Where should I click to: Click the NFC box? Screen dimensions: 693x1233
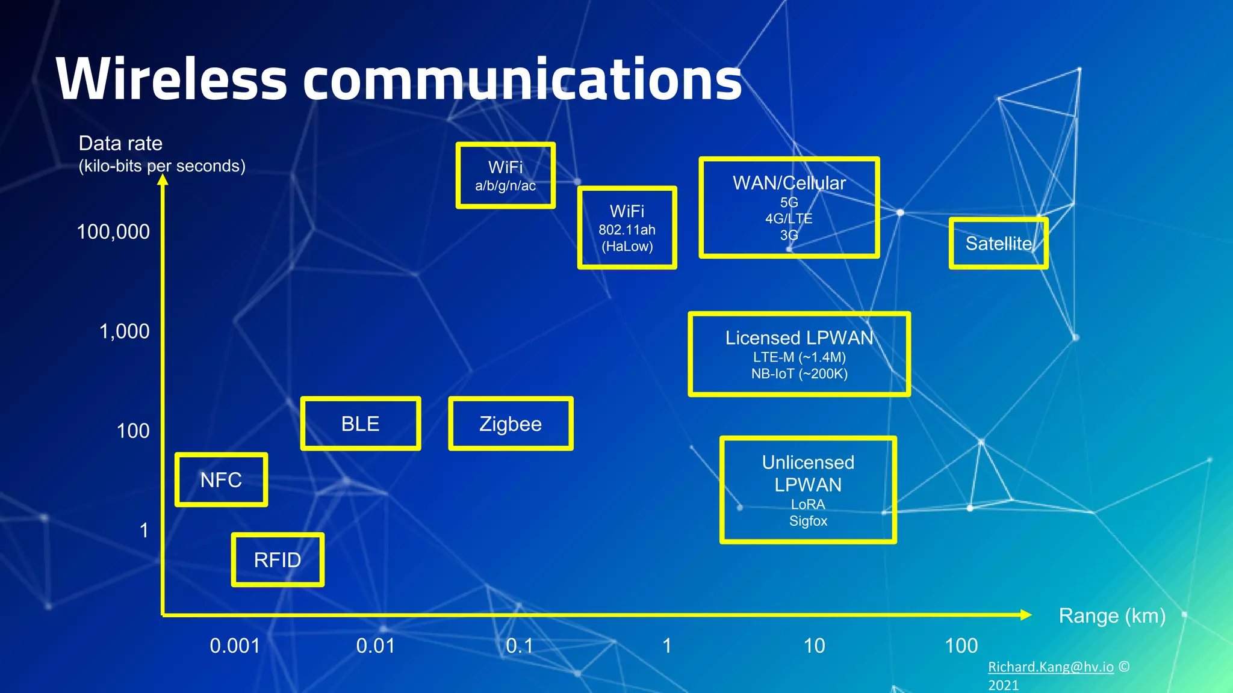coord(221,480)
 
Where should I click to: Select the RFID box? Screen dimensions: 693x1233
coord(278,560)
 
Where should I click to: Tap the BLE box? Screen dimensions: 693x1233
coord(360,424)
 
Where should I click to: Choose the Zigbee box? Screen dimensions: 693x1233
coord(511,424)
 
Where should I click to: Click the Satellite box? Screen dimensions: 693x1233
coord(998,244)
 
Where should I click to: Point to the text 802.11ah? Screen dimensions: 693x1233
coord(627,230)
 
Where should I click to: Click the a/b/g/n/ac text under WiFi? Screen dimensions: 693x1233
coord(505,186)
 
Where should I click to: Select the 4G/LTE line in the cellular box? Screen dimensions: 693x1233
coord(789,218)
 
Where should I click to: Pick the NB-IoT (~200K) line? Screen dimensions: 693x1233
coord(799,374)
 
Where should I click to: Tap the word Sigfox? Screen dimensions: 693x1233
coord(808,521)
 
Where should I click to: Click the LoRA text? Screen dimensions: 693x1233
coord(808,504)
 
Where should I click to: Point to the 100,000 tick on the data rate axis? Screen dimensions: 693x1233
coord(113,232)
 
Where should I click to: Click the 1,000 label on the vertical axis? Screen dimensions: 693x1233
coord(124,331)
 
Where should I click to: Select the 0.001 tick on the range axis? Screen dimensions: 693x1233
coord(235,646)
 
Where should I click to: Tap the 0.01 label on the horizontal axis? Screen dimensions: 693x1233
coord(376,646)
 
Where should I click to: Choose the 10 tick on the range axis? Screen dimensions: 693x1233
coord(814,646)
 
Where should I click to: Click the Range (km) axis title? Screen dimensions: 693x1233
coord(1112,616)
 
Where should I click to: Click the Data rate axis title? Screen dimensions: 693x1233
coord(120,144)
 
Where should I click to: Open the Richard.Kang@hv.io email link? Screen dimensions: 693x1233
coord(1051,667)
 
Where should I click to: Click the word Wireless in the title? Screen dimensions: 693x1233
coord(171,80)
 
